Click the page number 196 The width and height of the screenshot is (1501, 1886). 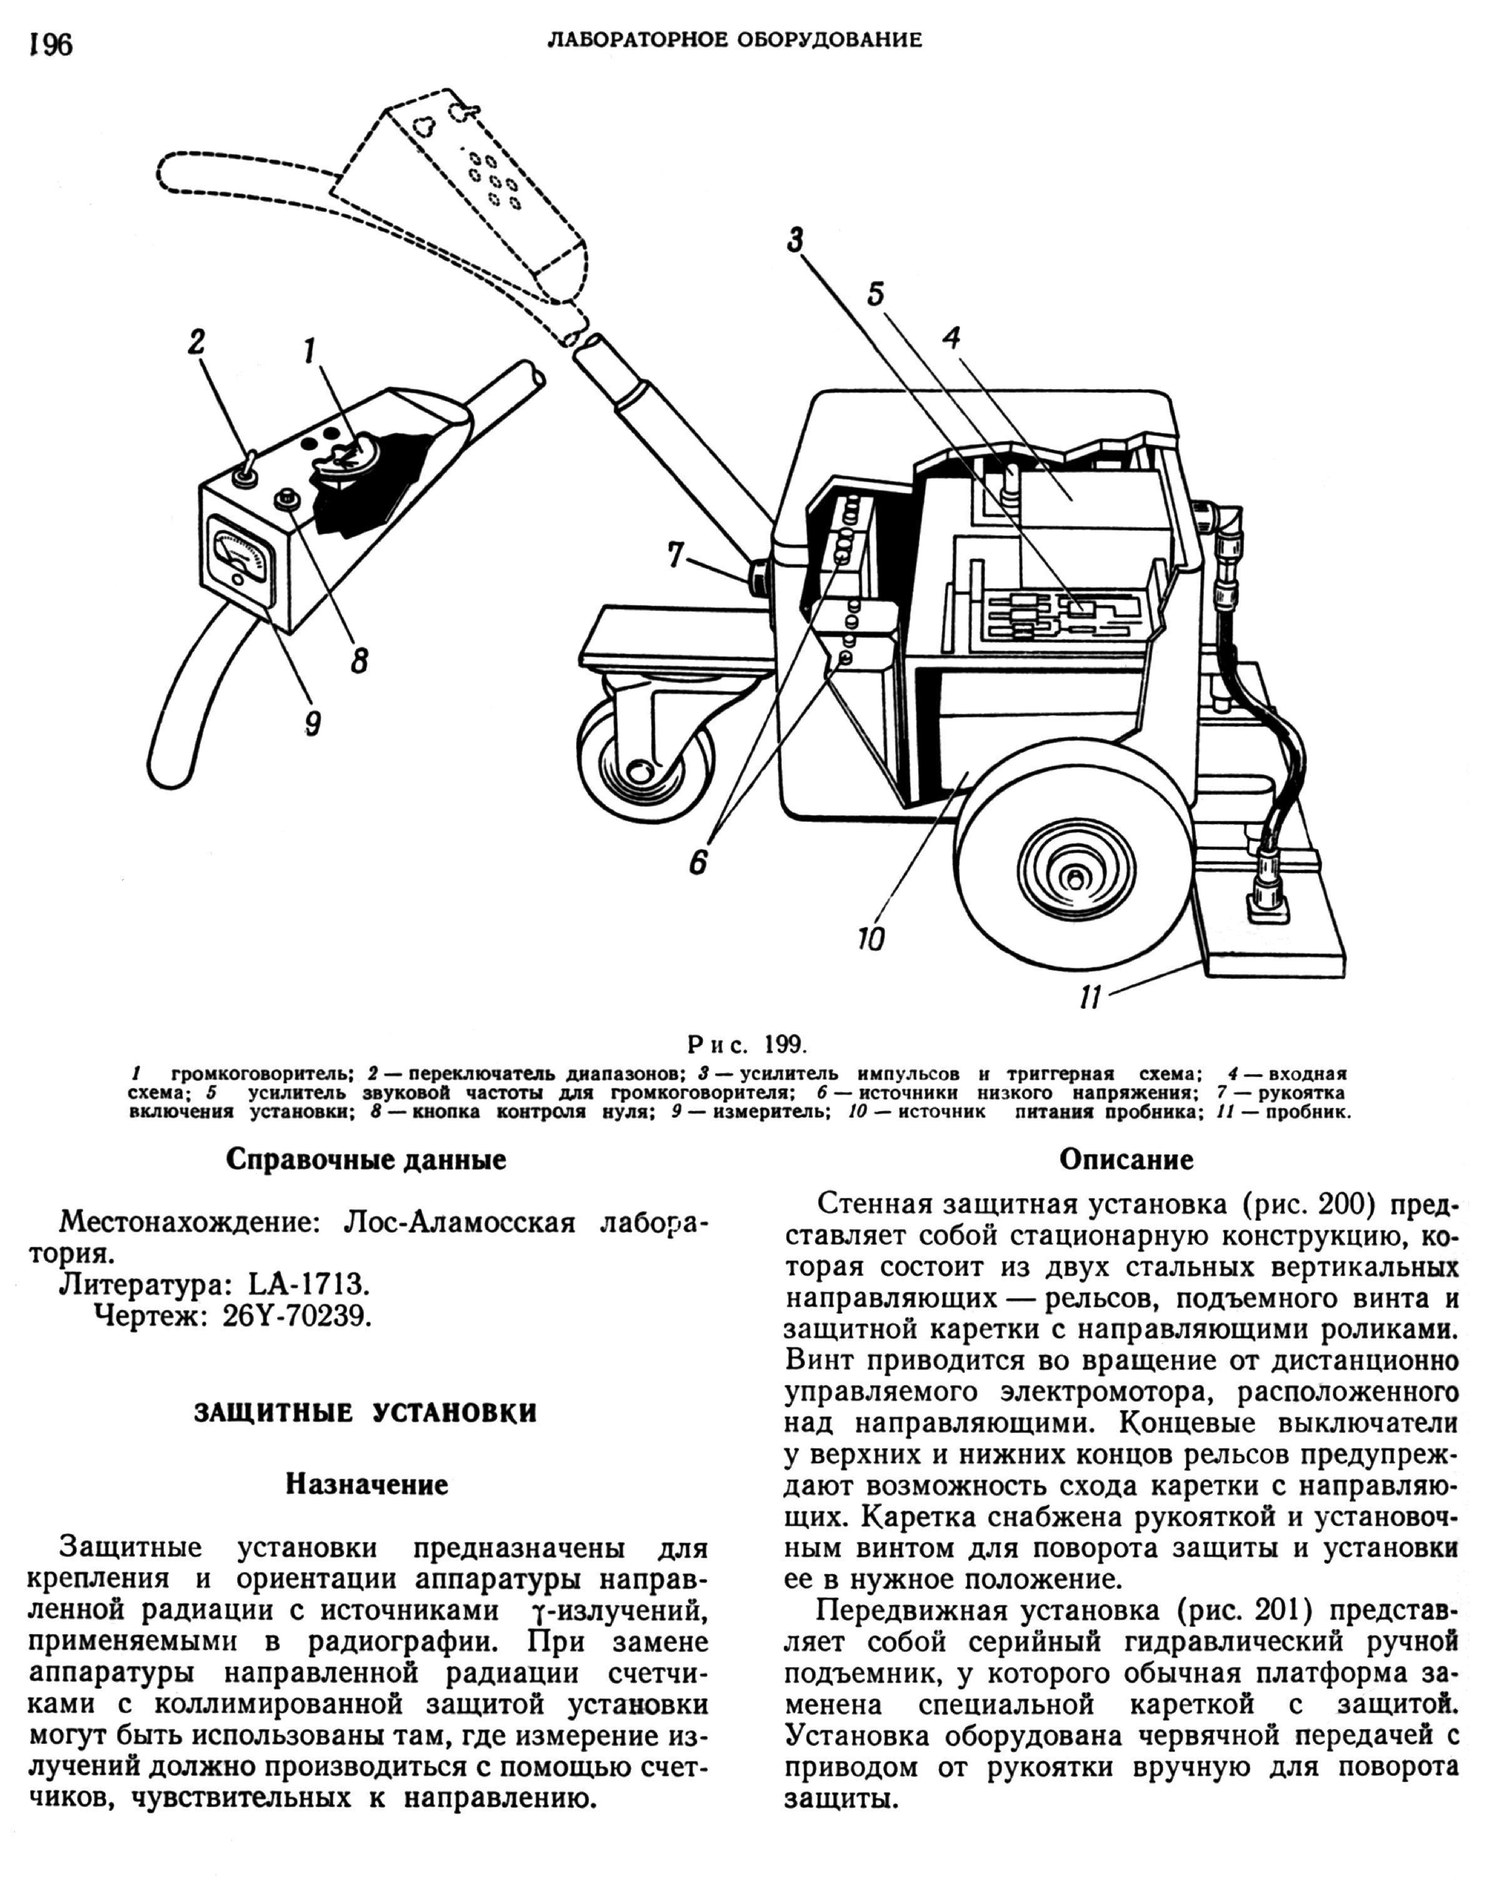pos(51,44)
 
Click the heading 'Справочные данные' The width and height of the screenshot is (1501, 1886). pos(366,1160)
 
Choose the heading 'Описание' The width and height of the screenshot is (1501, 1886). pos(1126,1160)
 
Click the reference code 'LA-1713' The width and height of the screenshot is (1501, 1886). pos(306,1284)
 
